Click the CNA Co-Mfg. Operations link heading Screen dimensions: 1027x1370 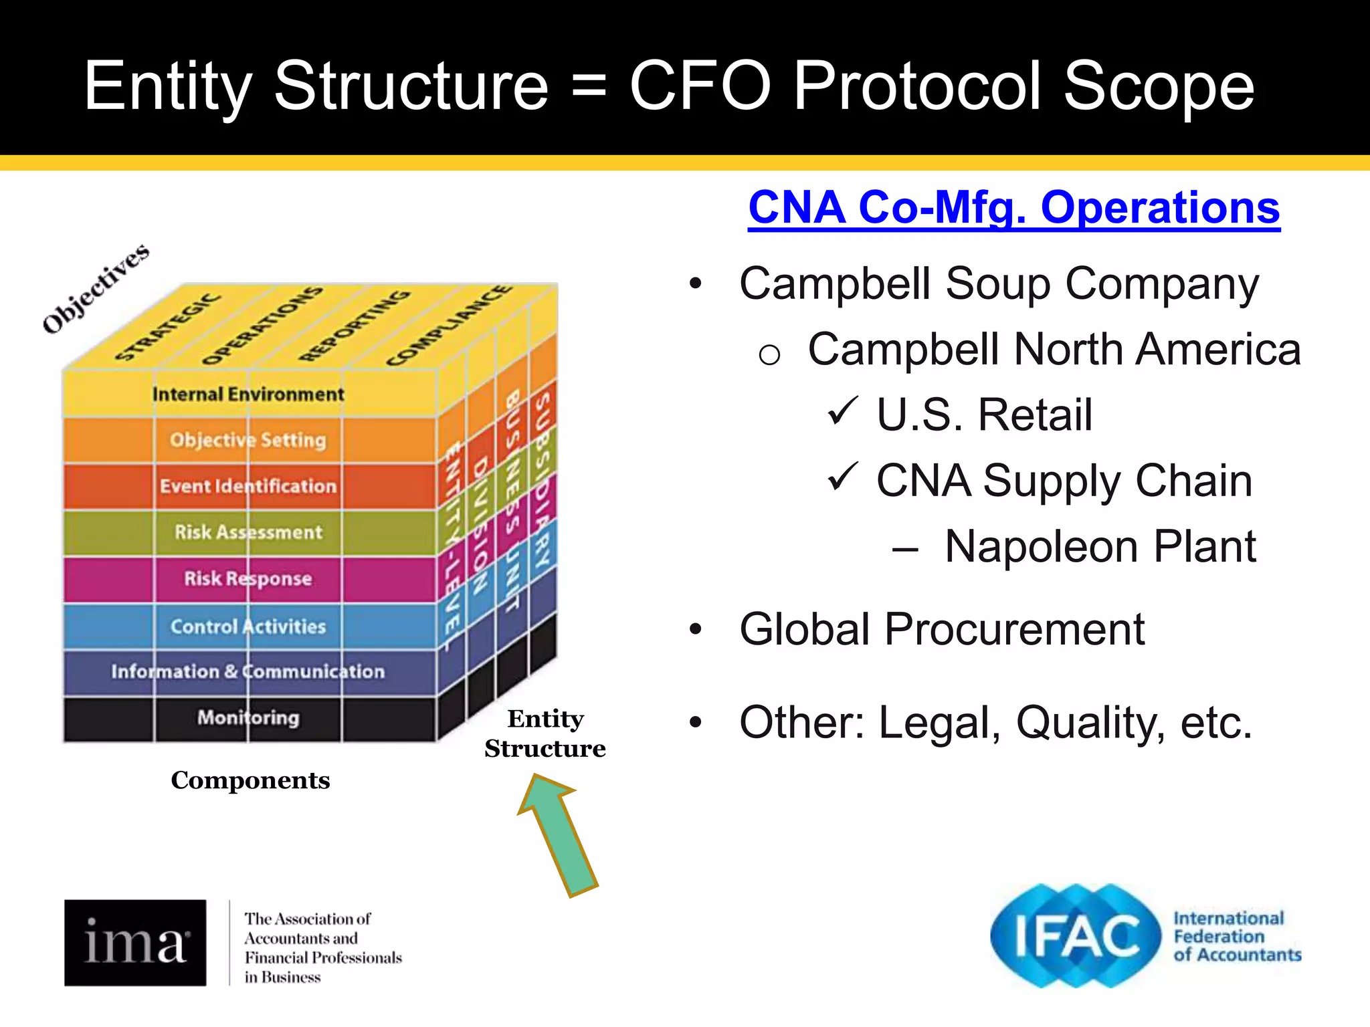[x=1013, y=208]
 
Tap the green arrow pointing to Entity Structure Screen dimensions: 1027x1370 [x=559, y=836]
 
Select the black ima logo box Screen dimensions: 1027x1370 [x=135, y=942]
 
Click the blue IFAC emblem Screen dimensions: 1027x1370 [x=1076, y=935]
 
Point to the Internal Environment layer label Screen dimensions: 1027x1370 [x=248, y=394]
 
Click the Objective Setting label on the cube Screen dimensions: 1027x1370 [x=248, y=440]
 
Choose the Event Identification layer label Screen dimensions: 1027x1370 [x=248, y=486]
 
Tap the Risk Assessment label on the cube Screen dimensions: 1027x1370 [x=248, y=532]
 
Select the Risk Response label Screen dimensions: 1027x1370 [x=248, y=578]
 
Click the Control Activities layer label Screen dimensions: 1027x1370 [x=248, y=626]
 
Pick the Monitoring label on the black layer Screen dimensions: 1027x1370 [x=248, y=717]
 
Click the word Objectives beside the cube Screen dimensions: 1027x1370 [x=96, y=289]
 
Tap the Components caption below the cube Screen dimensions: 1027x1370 [x=250, y=780]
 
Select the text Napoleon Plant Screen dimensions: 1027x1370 [x=1100, y=547]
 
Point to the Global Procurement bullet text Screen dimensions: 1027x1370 [x=941, y=629]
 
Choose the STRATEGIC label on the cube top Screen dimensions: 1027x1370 [x=167, y=327]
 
